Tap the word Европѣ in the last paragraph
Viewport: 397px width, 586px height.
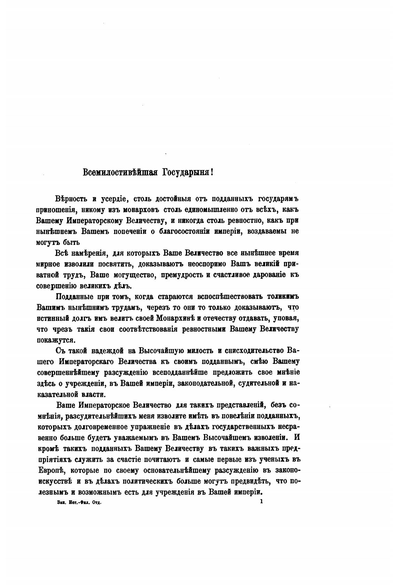pos(51,470)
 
